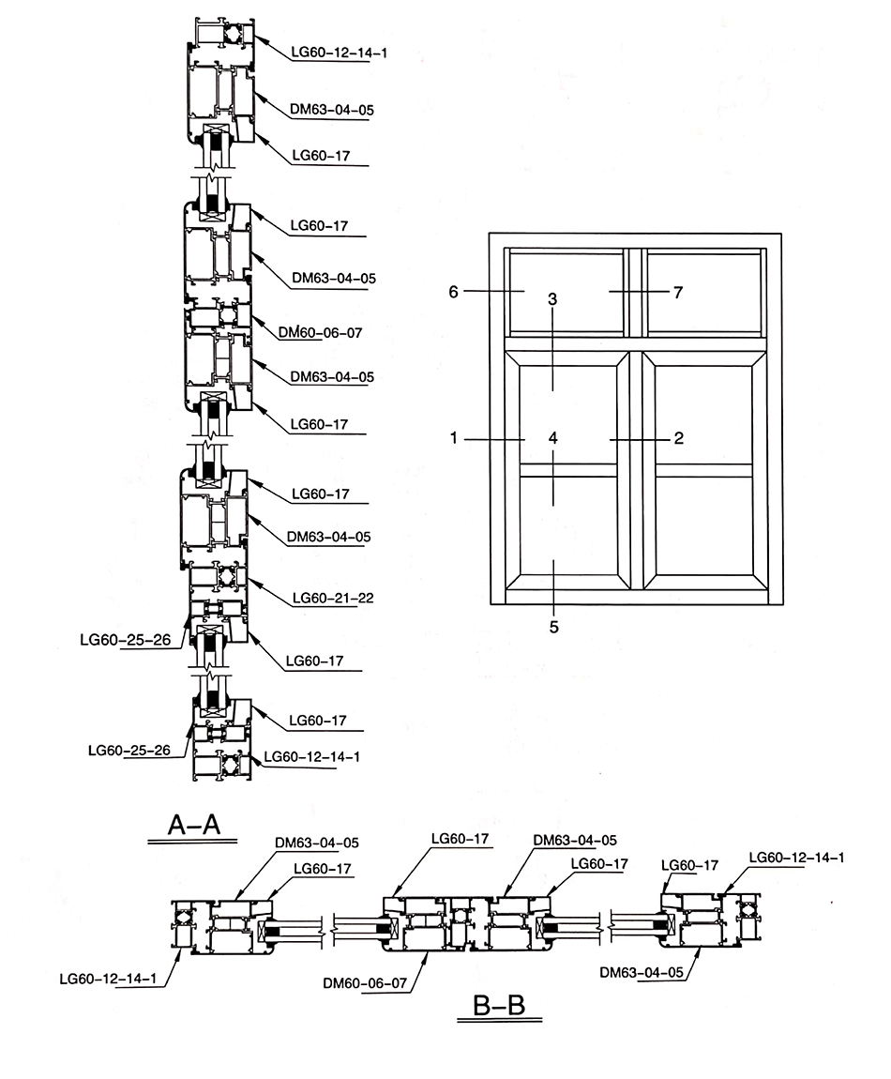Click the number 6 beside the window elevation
point(453,292)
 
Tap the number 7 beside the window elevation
point(678,292)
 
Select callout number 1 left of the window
point(455,438)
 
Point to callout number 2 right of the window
point(679,438)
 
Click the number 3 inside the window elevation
point(553,300)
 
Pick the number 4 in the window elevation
point(553,438)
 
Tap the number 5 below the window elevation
point(553,626)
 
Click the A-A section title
point(193,825)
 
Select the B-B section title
point(499,1009)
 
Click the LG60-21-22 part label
point(333,598)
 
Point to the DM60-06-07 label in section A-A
point(320,332)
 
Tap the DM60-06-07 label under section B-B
point(364,983)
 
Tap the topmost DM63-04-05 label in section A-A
point(332,110)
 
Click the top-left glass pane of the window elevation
point(566,290)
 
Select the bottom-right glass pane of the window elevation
point(702,524)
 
